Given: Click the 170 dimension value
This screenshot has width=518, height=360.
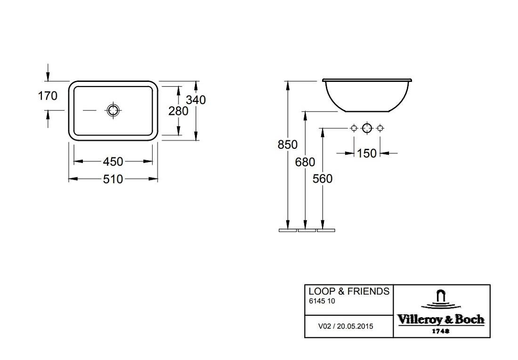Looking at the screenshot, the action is [48, 96].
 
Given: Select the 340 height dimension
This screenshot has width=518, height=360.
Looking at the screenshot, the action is [196, 100].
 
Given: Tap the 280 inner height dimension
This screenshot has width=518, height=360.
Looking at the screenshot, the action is [178, 111].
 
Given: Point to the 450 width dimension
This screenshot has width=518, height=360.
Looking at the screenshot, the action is [113, 161].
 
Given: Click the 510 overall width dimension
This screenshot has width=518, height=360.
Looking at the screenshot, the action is [113, 179].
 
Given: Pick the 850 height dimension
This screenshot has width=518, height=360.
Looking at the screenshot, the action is [287, 144].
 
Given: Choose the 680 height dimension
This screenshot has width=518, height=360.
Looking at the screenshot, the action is [305, 162].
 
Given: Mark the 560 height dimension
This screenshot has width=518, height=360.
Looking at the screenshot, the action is [323, 179].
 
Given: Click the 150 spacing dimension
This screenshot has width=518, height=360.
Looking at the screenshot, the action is [367, 153].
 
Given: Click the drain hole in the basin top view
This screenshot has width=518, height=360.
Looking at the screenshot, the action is [113, 110].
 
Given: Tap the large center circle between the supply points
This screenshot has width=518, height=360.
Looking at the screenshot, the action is [367, 128].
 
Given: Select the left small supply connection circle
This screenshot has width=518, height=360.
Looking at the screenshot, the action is [354, 128].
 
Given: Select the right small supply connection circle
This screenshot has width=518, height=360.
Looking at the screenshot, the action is [380, 128].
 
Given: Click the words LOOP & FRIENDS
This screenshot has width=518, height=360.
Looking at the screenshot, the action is [349, 291].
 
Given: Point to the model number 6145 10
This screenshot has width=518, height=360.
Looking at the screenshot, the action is [322, 301].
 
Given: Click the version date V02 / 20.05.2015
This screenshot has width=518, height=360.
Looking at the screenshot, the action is [346, 326].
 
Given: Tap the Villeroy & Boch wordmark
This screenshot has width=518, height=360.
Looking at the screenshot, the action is [441, 320].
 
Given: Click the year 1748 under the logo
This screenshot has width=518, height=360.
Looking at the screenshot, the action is [441, 331].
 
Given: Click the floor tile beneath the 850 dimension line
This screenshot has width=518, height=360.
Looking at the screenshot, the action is [288, 230].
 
